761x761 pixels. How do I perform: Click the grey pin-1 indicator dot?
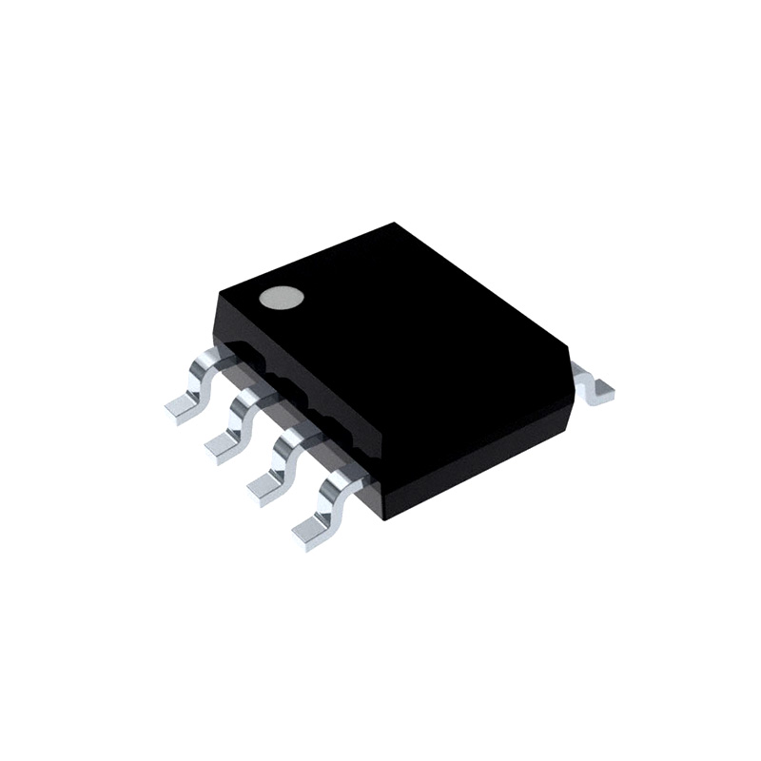coord(282,299)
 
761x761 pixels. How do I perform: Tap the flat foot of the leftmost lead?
coord(183,406)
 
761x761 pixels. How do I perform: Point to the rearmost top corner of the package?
coord(394,224)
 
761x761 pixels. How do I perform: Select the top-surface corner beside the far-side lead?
coord(568,346)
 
